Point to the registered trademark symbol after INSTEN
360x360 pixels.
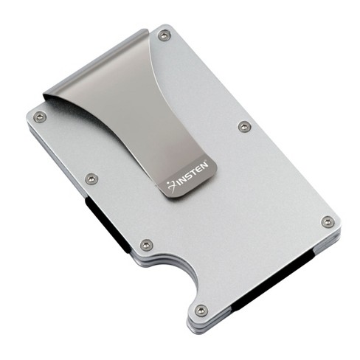click(207, 161)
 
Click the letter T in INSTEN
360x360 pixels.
click(195, 173)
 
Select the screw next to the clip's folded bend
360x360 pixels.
click(164, 35)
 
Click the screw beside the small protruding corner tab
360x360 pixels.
click(201, 310)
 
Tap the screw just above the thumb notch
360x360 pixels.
click(147, 245)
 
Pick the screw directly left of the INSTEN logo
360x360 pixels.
click(91, 179)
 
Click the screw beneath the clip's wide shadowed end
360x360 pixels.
click(40, 117)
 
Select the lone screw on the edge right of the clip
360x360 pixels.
click(245, 127)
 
